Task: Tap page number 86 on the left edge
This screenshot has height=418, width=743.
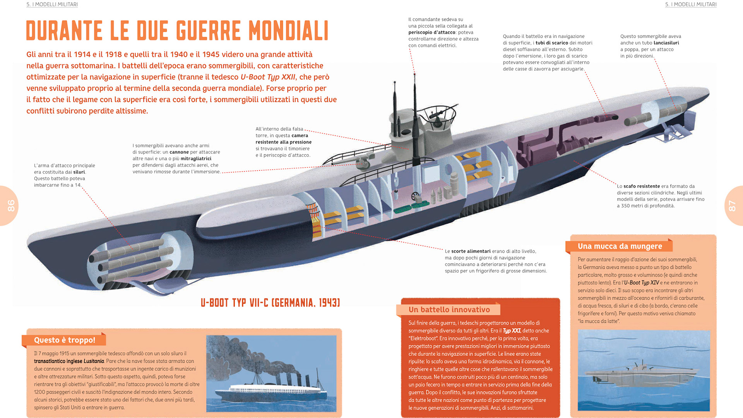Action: pos(11,206)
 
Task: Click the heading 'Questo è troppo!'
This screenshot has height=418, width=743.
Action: pos(65,340)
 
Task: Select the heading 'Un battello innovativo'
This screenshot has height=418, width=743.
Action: pos(449,309)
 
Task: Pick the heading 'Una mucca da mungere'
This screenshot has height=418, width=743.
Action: pos(620,246)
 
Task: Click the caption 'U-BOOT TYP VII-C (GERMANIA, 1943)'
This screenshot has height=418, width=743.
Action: pos(270,302)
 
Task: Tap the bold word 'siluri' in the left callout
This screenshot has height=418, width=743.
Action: pos(79,172)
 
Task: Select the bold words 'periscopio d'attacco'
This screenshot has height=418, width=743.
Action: pos(431,33)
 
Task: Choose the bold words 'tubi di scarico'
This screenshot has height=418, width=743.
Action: pos(551,43)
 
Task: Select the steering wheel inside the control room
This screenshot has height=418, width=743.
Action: pos(416,196)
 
